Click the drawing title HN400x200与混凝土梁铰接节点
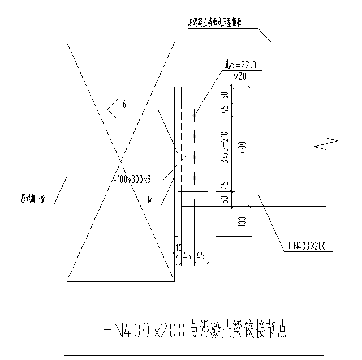coord(194,330)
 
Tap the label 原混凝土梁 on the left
coord(33,199)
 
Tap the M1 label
coord(152,199)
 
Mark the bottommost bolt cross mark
coord(195,179)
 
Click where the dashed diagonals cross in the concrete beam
coord(120,161)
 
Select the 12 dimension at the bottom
coord(175,256)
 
